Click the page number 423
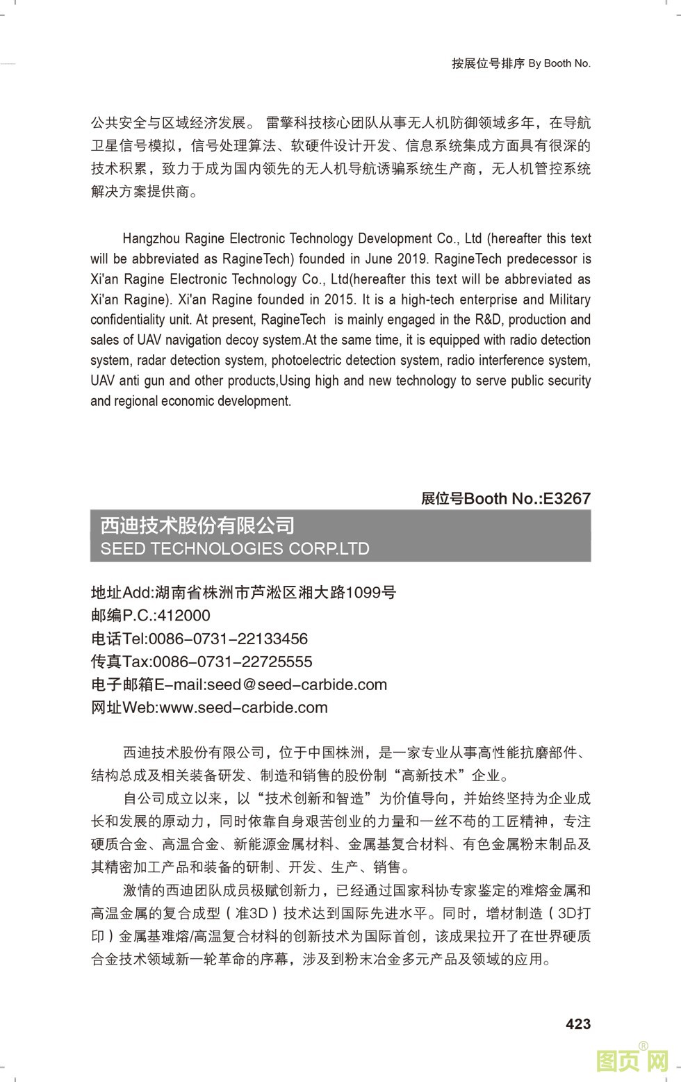click(578, 1024)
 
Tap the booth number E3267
click(566, 498)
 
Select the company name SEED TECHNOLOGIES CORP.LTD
click(235, 548)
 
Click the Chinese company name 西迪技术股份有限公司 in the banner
click(197, 525)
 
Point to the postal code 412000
click(183, 615)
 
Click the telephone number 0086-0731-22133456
click(228, 639)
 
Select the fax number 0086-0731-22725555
click(232, 662)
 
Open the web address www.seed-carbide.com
click(243, 707)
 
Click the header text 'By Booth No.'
click(559, 63)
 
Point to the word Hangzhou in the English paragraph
click(151, 238)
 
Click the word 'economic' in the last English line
click(188, 401)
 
